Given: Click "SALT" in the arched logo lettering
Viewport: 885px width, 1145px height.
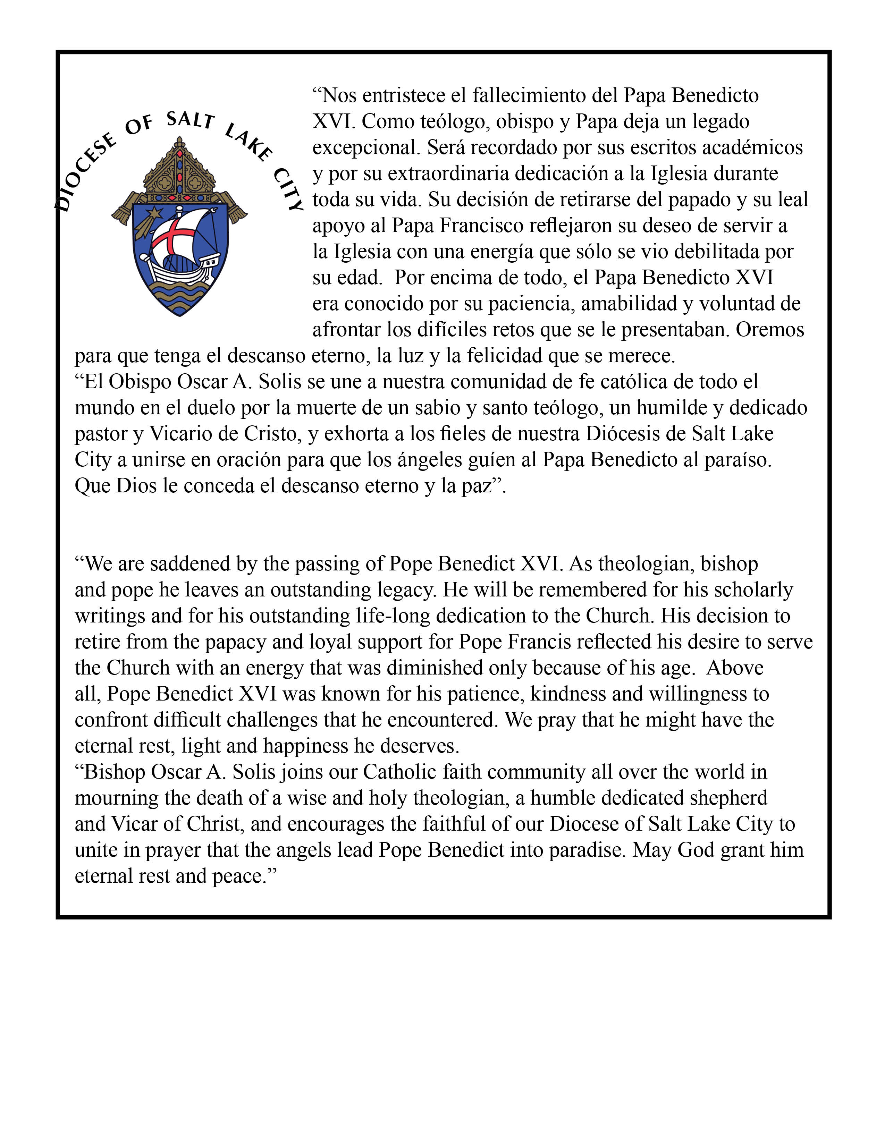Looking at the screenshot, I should (x=190, y=121).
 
